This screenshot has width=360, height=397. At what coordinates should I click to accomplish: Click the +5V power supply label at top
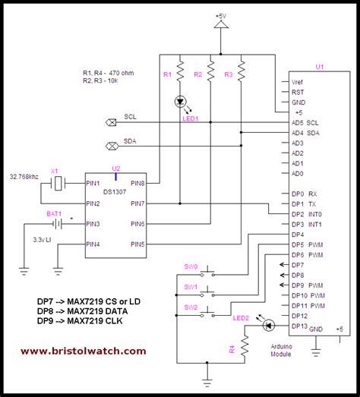coord(221,14)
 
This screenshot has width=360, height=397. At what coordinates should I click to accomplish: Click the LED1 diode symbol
coord(181,101)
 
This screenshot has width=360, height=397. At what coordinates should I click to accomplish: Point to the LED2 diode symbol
coord(267,325)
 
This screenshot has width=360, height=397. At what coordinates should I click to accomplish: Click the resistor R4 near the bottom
coord(245,350)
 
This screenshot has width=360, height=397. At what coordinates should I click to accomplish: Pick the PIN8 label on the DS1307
coord(137,183)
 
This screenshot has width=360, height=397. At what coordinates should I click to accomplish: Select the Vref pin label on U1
coord(298,80)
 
